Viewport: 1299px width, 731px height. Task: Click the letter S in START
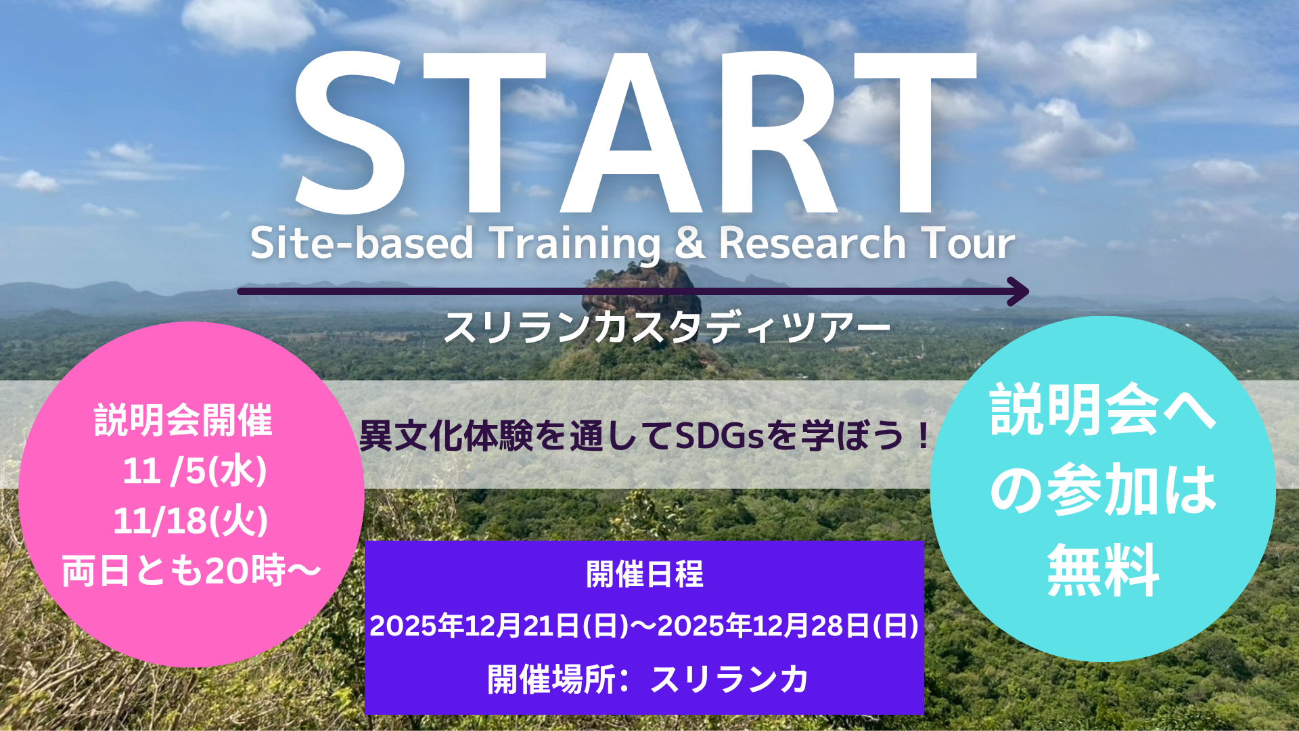point(350,133)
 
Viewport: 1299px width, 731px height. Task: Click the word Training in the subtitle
point(575,244)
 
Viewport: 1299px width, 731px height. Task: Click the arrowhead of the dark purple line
point(1018,292)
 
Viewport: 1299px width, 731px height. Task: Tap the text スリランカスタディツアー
point(667,328)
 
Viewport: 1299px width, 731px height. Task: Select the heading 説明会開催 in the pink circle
point(183,420)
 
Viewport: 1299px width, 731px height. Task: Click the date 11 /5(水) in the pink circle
point(195,471)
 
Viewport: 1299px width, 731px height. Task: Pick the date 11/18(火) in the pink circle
point(191,521)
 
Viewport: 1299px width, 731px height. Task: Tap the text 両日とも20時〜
point(191,571)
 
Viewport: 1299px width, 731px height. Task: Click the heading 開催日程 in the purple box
point(645,575)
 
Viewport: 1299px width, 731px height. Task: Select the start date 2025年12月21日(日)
point(499,625)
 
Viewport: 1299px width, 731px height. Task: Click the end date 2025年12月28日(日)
point(788,625)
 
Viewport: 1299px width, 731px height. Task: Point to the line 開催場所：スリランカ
point(647,679)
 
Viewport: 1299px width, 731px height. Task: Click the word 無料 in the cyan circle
point(1103,571)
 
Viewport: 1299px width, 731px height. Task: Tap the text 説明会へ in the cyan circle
point(1103,410)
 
